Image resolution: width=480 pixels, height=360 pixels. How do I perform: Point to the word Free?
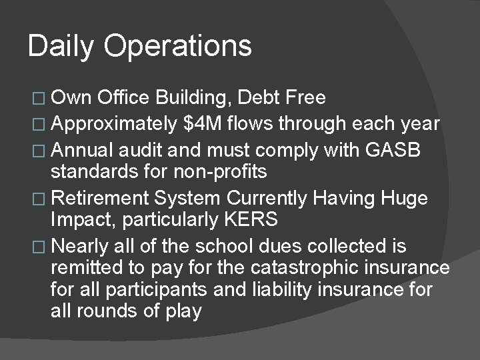point(305,98)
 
